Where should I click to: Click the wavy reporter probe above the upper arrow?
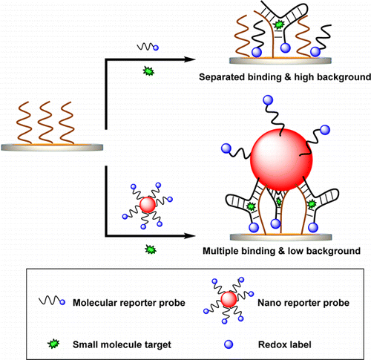pyautogui.click(x=144, y=48)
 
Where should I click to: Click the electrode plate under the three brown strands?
pyautogui.click(x=56, y=147)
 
